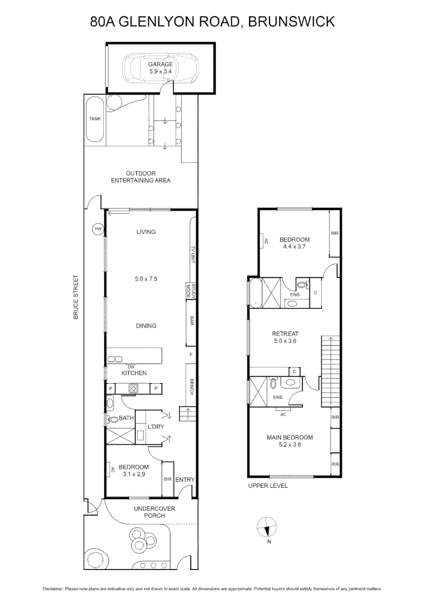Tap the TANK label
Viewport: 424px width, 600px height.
click(x=95, y=119)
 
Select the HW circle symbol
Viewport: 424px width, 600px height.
click(x=98, y=229)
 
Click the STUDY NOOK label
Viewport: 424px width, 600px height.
click(x=189, y=291)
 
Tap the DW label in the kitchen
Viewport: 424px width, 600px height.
click(x=131, y=367)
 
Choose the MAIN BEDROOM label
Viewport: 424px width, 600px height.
click(x=290, y=437)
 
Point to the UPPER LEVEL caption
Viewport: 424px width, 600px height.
click(x=268, y=486)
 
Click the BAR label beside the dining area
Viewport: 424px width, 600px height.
click(x=192, y=321)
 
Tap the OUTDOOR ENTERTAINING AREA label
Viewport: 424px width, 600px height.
click(x=141, y=177)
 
